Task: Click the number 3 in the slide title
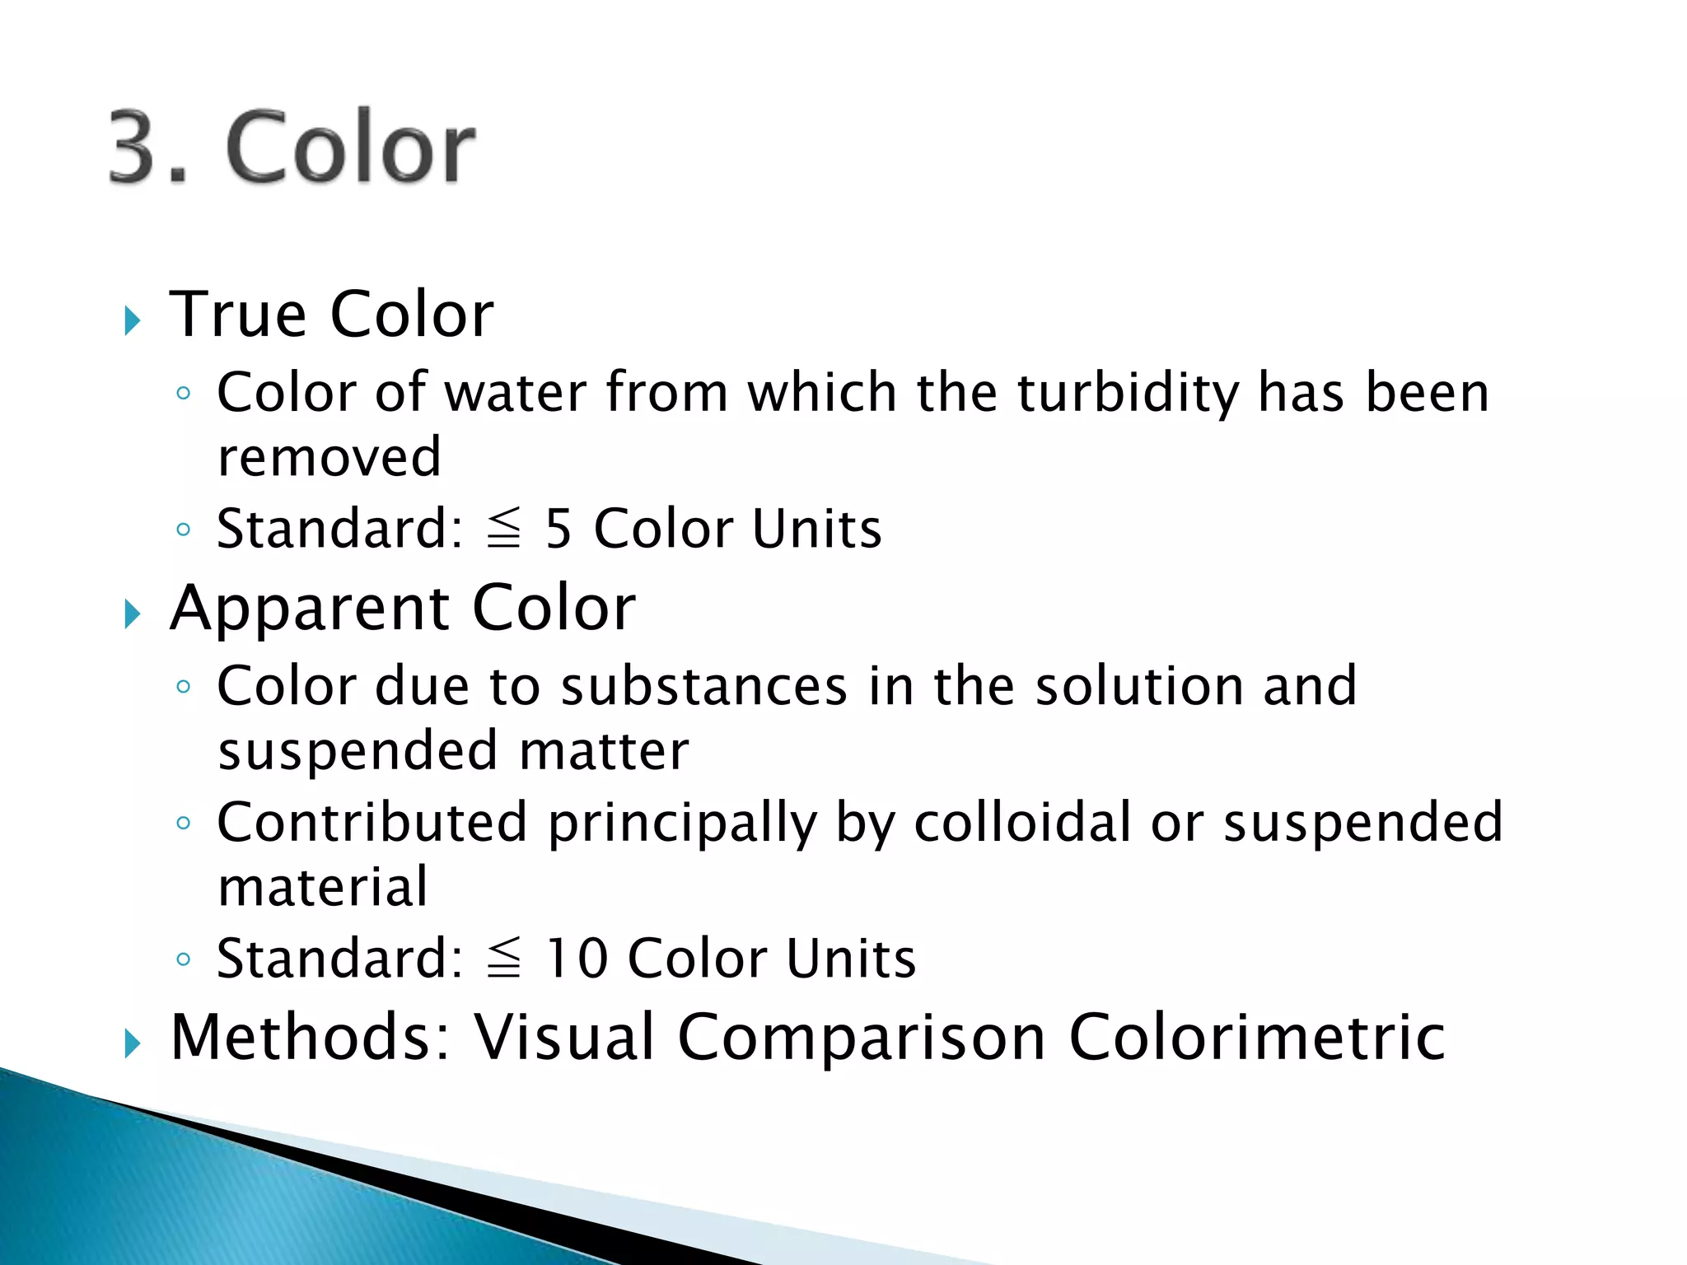click(136, 148)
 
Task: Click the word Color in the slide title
click(350, 148)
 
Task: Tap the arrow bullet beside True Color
click(133, 320)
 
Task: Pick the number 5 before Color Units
click(558, 529)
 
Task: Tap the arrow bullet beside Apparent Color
click(133, 614)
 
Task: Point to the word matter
click(604, 751)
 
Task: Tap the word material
click(323, 888)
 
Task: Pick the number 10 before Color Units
click(577, 959)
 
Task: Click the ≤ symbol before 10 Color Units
click(504, 959)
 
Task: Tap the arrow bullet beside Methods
click(133, 1043)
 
